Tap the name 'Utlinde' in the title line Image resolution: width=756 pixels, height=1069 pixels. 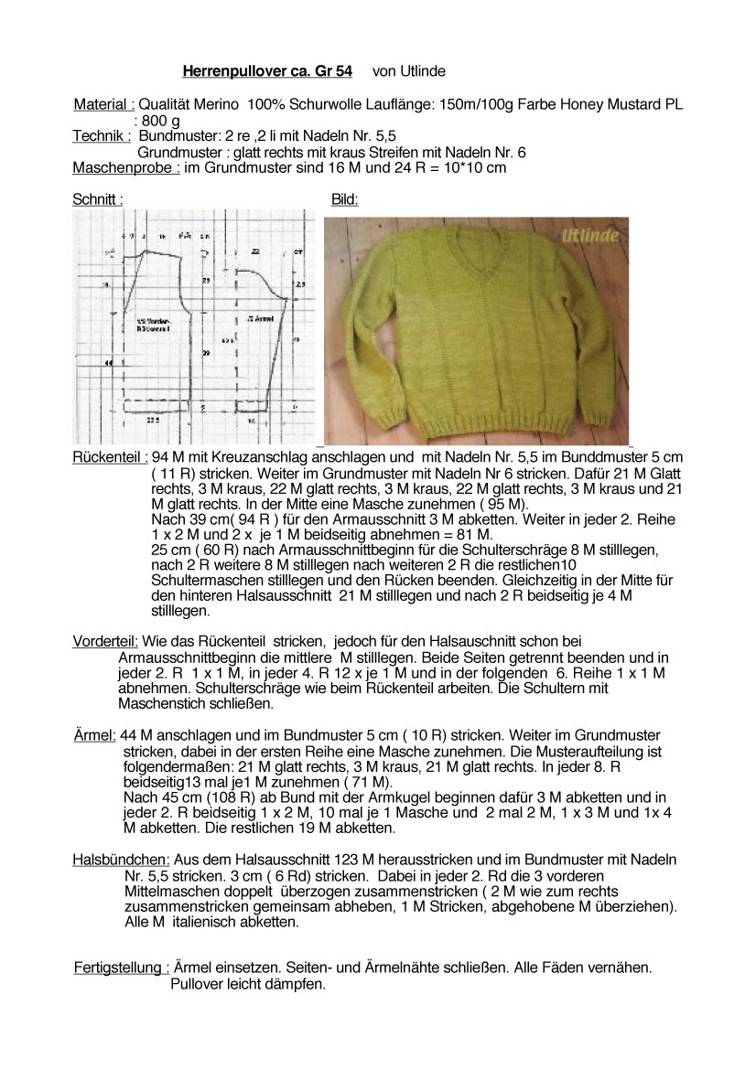tap(422, 70)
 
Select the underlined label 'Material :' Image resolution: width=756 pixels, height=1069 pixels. tap(104, 105)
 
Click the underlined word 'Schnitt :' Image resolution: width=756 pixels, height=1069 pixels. tap(98, 198)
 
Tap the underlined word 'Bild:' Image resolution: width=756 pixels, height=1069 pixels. tap(344, 198)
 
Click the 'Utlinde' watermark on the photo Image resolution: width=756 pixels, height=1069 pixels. tap(589, 236)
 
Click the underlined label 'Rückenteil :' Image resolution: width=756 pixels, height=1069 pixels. tap(110, 456)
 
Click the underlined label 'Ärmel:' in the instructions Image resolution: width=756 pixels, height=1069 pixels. tap(95, 735)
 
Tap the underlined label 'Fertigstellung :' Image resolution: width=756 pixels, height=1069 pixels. tap(121, 967)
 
